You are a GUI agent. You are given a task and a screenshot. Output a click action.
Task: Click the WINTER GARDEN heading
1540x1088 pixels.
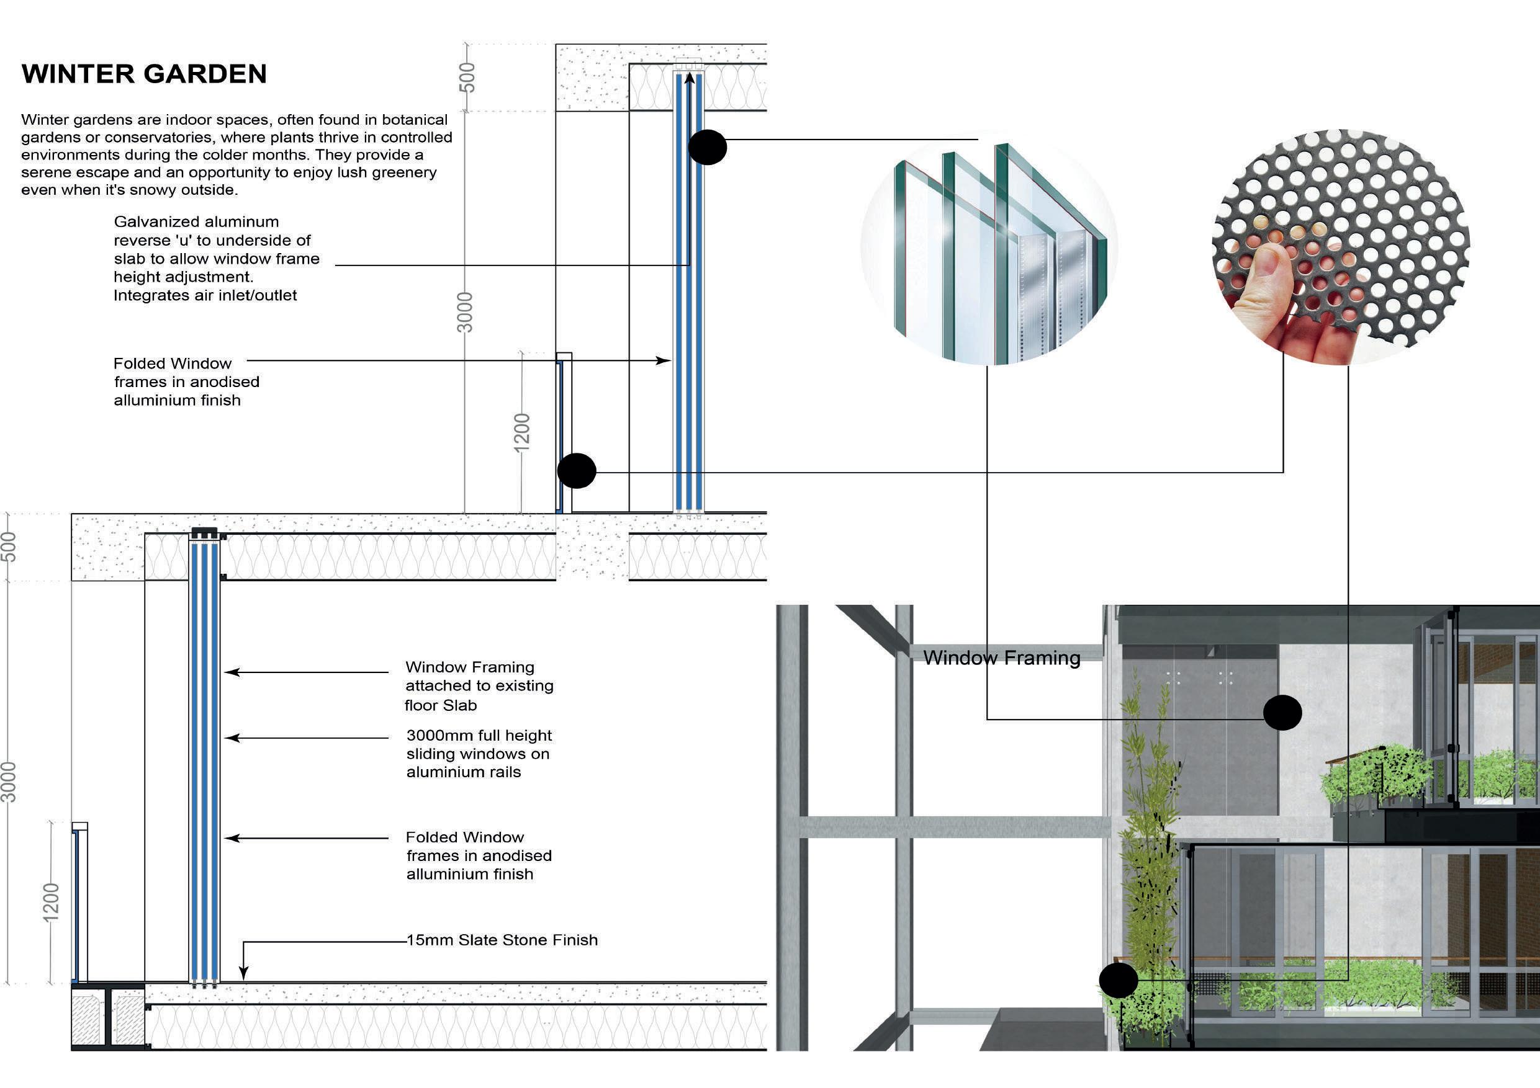point(144,74)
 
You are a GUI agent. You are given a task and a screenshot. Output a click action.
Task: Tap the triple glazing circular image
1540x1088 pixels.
point(989,248)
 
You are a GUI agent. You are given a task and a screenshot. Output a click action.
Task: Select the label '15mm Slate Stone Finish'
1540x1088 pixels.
point(502,940)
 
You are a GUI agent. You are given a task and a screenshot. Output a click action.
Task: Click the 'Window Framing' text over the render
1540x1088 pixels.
point(1001,658)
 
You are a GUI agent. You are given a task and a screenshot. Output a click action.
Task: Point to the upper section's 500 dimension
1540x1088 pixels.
point(467,77)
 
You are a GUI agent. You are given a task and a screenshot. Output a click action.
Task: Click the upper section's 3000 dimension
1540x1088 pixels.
point(465,313)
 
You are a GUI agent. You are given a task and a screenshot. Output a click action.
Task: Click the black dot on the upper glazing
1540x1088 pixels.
point(707,147)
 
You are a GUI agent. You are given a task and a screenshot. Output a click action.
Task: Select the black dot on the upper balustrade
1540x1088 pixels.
point(577,471)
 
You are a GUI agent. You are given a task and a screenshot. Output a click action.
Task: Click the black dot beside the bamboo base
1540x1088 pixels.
point(1118,980)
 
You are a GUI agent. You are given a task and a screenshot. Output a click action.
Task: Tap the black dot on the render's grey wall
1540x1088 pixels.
point(1282,712)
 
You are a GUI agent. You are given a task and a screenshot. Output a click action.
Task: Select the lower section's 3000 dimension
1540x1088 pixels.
point(8,782)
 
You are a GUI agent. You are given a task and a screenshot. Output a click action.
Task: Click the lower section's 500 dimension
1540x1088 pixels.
point(8,546)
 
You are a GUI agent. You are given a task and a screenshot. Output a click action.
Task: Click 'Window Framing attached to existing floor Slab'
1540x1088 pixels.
point(479,686)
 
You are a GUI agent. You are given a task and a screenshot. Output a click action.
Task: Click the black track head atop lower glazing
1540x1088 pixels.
point(205,534)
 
